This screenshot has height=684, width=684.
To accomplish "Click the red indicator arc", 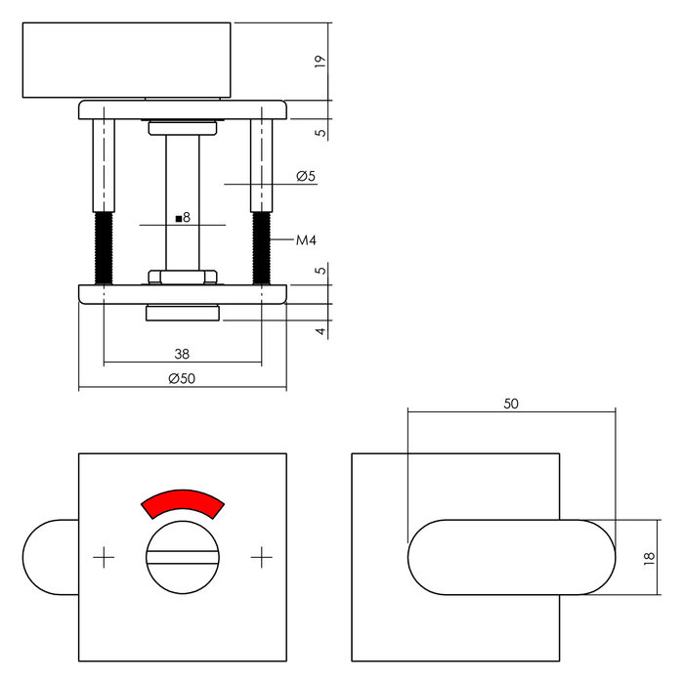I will click(x=183, y=502).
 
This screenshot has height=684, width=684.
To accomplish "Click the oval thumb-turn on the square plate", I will click(x=511, y=557).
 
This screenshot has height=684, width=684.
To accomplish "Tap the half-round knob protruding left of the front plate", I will click(x=49, y=557).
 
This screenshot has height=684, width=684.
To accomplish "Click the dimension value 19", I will click(x=320, y=61).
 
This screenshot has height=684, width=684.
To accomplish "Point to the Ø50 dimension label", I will click(x=183, y=379).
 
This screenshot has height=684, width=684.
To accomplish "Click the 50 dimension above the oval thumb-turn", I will click(x=511, y=403).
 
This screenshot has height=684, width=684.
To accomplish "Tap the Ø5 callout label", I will click(x=305, y=177).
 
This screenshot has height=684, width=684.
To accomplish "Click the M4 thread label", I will click(x=307, y=239).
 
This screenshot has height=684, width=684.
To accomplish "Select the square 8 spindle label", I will click(x=183, y=218).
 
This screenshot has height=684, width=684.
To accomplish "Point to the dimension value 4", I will click(x=320, y=331).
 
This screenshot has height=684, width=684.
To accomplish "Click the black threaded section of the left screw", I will click(x=103, y=247).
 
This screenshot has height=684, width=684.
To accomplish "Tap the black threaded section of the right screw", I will click(x=261, y=247).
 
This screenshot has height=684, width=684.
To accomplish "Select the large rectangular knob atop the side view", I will click(x=127, y=61).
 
